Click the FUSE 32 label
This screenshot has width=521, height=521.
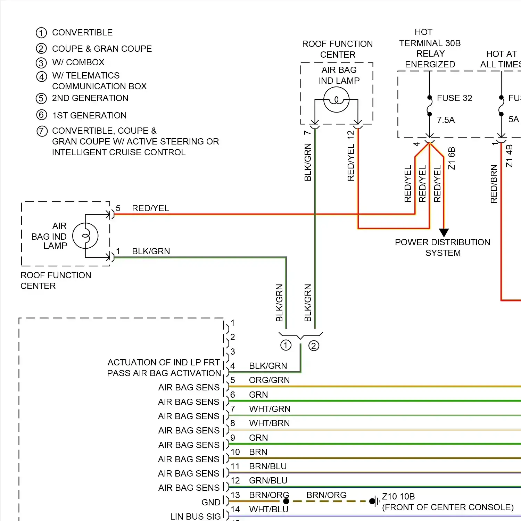[454, 98]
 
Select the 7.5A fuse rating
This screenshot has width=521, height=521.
[446, 120]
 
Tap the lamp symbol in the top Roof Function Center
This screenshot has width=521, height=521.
[336, 100]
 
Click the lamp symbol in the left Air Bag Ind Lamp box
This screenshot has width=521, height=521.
[85, 236]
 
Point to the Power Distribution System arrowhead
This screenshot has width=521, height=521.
[444, 232]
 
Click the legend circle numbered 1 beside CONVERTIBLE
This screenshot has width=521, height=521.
[41, 33]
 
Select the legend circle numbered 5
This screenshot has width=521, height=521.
[41, 99]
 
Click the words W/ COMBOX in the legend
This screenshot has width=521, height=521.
[78, 63]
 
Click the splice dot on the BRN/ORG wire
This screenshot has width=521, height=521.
[286, 501]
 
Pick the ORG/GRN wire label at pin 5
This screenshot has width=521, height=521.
[269, 380]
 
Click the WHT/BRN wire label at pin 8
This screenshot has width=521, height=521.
[269, 423]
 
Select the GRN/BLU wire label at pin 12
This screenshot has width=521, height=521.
[268, 481]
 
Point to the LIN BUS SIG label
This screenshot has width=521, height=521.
[195, 516]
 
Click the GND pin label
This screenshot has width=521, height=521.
[211, 502]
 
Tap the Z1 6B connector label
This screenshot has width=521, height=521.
[452, 158]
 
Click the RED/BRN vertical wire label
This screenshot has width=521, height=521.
[494, 184]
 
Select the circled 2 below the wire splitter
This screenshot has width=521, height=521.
[314, 346]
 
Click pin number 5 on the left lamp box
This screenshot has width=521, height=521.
[118, 208]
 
